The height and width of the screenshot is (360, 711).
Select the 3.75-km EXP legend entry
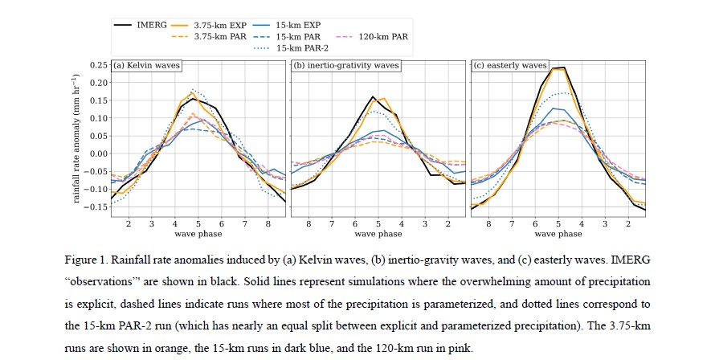pyautogui.click(x=222, y=26)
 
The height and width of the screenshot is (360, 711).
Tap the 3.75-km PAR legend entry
pyautogui.click(x=222, y=37)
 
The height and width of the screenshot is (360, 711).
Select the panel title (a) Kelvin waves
pyautogui.click(x=146, y=66)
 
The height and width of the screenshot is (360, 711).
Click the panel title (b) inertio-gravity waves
pyautogui.click(x=347, y=66)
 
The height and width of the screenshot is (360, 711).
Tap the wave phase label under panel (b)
pyautogui.click(x=378, y=234)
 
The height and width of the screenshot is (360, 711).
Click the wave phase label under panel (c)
pyautogui.click(x=558, y=234)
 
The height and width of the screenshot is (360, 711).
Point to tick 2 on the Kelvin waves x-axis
pyautogui.click(x=128, y=223)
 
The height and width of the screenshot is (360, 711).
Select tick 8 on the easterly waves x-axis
pyautogui.click(x=488, y=223)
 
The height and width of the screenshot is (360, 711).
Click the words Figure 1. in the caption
pyautogui.click(x=85, y=261)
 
